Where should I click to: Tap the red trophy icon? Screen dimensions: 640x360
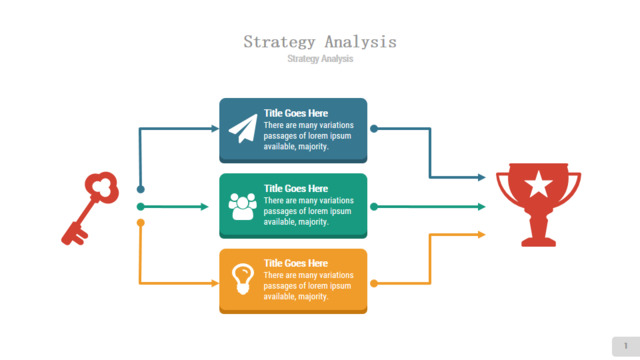pyautogui.click(x=538, y=204)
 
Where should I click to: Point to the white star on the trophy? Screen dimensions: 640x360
pyautogui.click(x=538, y=184)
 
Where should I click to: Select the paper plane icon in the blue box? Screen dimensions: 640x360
pyautogui.click(x=244, y=129)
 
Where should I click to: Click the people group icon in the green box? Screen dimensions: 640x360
pyautogui.click(x=242, y=206)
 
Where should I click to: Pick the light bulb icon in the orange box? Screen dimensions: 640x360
pyautogui.click(x=243, y=279)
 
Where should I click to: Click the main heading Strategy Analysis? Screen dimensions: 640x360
pyautogui.click(x=320, y=42)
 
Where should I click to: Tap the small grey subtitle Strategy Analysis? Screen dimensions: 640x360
pyautogui.click(x=320, y=59)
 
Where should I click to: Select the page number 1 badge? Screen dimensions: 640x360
pyautogui.click(x=626, y=346)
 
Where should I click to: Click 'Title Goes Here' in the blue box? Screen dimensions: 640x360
pyautogui.click(x=296, y=113)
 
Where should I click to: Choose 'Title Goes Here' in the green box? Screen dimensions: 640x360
pyautogui.click(x=296, y=189)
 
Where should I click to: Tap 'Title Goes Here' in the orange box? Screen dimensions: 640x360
pyautogui.click(x=296, y=263)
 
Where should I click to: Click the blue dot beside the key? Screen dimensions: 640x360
pyautogui.click(x=140, y=189)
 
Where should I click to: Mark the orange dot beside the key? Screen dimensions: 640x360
pyautogui.click(x=140, y=222)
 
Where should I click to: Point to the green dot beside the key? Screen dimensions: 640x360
pyautogui.click(x=140, y=207)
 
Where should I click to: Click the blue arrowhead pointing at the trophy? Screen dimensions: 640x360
pyautogui.click(x=482, y=177)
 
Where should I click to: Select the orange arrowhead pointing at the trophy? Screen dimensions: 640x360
pyautogui.click(x=482, y=235)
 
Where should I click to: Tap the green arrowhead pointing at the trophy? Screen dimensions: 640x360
pyautogui.click(x=482, y=207)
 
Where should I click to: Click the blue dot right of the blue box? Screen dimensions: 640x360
pyautogui.click(x=374, y=129)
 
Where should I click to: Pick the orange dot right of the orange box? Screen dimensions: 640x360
pyautogui.click(x=374, y=283)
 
